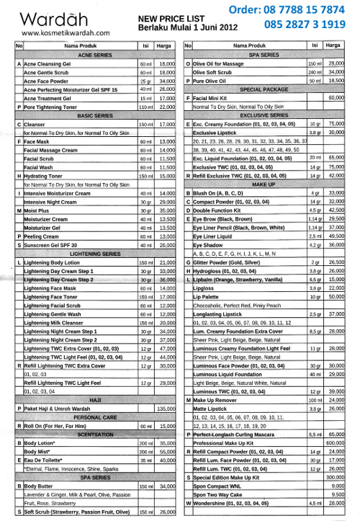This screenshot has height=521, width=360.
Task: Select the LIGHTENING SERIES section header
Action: (x=95, y=253)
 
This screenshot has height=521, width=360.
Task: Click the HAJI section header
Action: (x=95, y=398)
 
